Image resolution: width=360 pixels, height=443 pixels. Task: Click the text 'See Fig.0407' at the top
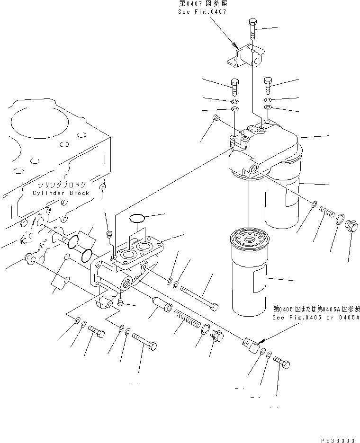202,11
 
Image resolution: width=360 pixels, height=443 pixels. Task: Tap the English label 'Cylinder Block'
61,193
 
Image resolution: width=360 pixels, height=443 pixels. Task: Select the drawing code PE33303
338,440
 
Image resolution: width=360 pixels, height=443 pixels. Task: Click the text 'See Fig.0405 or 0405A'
315,317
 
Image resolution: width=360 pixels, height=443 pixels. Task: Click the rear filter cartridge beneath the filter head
283,194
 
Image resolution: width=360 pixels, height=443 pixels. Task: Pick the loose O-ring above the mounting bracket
137,218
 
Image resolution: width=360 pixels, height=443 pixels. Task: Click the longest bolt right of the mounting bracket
199,295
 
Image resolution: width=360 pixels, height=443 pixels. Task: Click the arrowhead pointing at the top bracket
235,45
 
